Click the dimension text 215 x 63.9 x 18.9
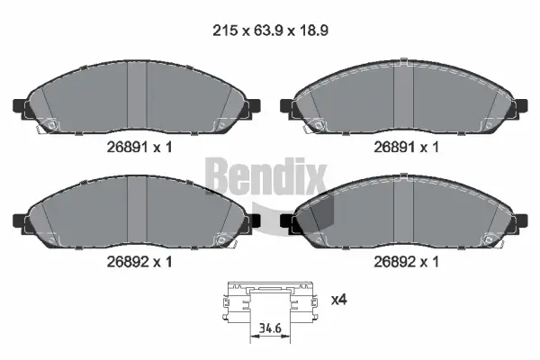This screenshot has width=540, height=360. coord(269,29)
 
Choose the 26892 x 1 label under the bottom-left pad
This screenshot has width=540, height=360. coord(139,262)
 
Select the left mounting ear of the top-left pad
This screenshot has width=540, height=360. coord(20,106)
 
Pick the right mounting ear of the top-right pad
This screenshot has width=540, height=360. coord(520,106)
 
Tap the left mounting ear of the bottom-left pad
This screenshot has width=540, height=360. coord(20,219)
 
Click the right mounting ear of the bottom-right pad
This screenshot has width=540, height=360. coord(520,219)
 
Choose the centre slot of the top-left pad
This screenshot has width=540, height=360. coord(137,99)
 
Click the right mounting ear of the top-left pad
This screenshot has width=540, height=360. coord(255,106)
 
